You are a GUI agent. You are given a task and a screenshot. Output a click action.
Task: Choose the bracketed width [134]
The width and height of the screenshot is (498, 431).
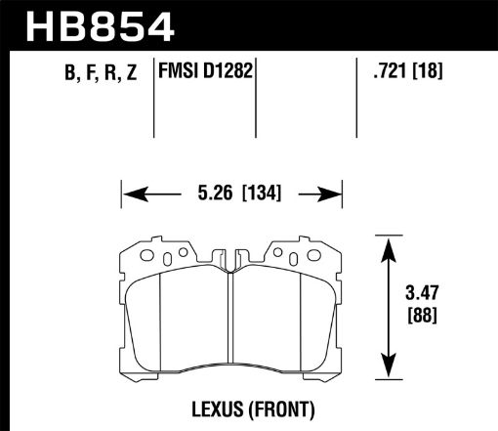tap(258, 194)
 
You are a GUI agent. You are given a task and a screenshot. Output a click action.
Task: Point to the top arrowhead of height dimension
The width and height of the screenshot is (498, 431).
tap(389, 242)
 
